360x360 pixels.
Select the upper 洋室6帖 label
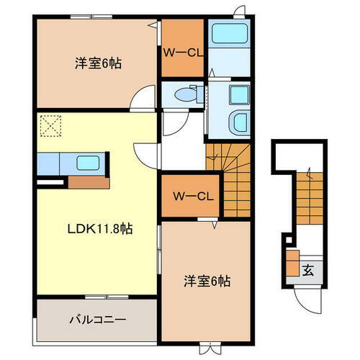97,63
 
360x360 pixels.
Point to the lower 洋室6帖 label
205,281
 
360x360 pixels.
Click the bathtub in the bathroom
229,35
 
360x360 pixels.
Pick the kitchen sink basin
90,161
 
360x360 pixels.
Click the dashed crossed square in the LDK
51,127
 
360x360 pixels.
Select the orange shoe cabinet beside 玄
292,263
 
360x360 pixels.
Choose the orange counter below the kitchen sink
89,181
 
